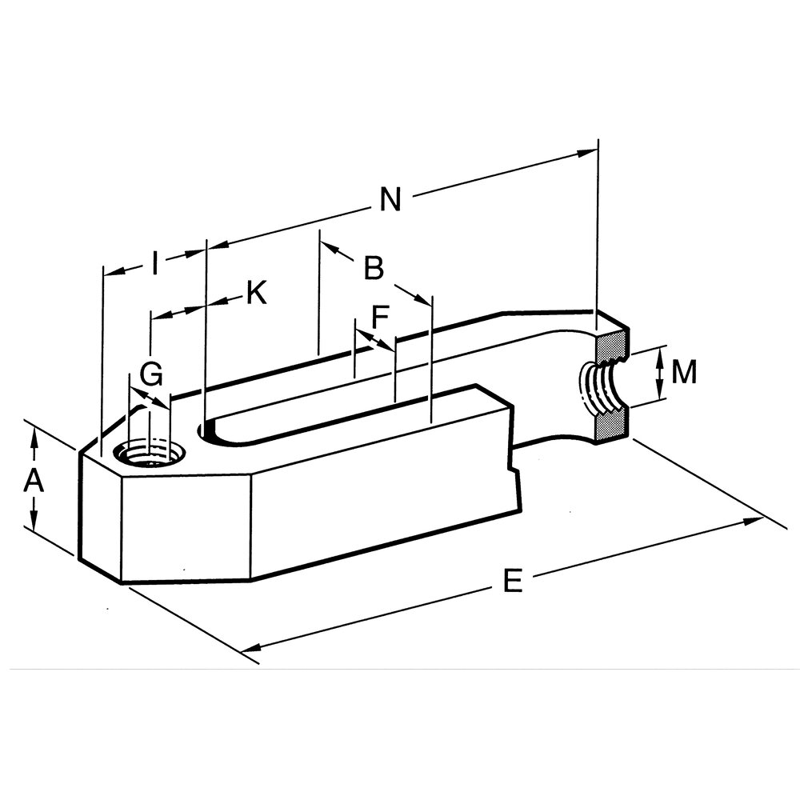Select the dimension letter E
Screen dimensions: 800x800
[x=513, y=581]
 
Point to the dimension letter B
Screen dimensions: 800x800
[x=374, y=267]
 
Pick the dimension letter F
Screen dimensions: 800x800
[x=380, y=317]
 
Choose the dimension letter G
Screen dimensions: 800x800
[x=151, y=374]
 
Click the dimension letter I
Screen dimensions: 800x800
[x=156, y=262]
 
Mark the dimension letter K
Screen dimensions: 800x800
[x=257, y=293]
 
